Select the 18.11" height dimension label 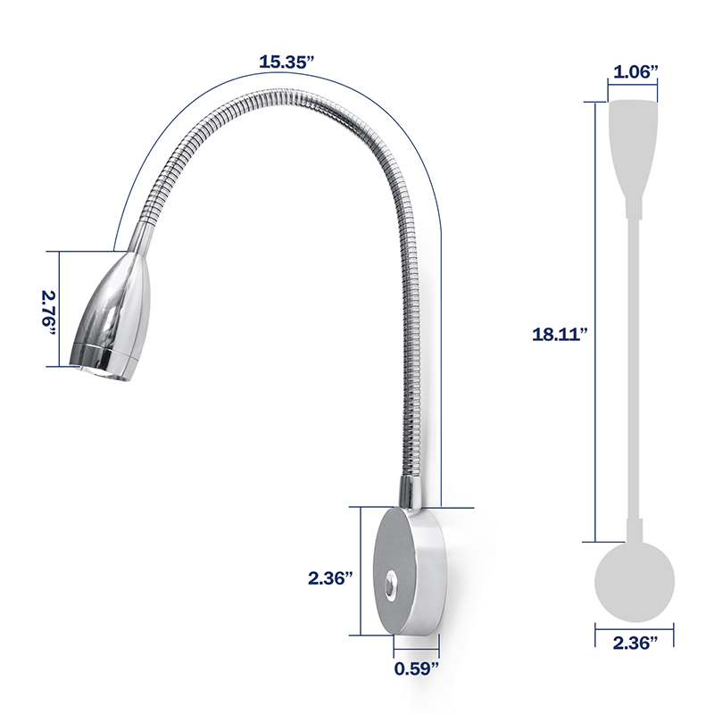point(560,335)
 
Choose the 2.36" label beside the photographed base point(331,577)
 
